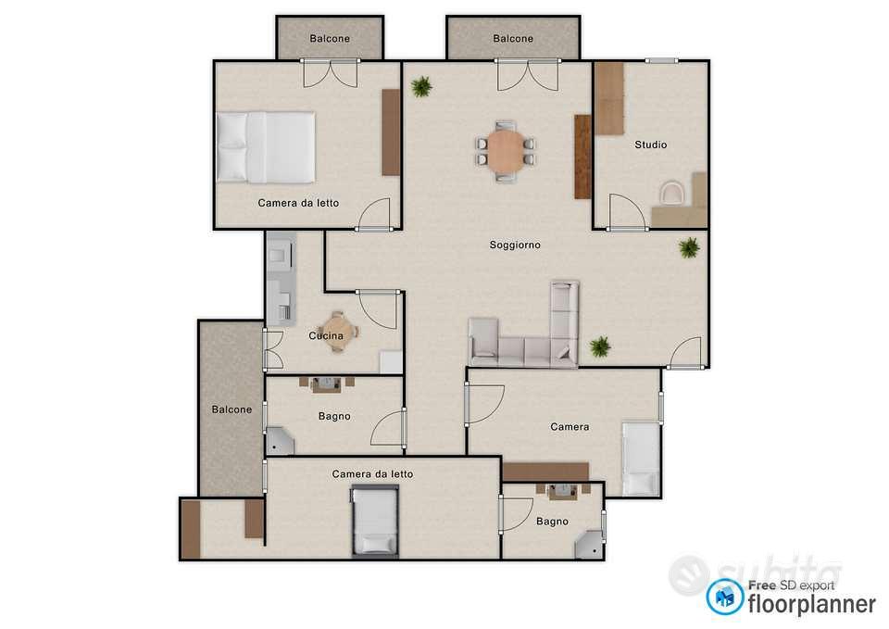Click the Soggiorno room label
[x=515, y=245]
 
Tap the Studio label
[x=650, y=145]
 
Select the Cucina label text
[x=325, y=335]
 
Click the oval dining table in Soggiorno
[x=505, y=151]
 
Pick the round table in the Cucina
[x=338, y=332]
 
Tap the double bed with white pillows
[x=266, y=147]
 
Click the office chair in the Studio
[x=673, y=192]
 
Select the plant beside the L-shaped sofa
[x=600, y=346]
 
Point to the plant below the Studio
[x=689, y=247]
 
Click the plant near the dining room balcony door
[x=421, y=87]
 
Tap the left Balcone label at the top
[x=330, y=39]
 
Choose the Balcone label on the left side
[x=232, y=409]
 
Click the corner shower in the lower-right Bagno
[x=590, y=545]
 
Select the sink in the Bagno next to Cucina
[x=326, y=384]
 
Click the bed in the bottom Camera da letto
[x=374, y=521]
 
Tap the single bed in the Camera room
[x=641, y=459]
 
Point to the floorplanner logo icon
[x=724, y=597]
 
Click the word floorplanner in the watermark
[x=812, y=603]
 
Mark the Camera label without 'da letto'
[x=570, y=427]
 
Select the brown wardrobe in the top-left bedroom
[x=391, y=132]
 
